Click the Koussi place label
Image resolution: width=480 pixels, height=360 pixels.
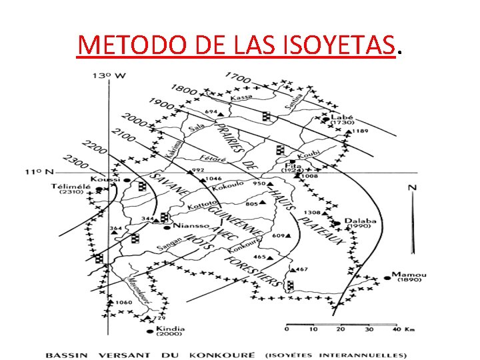pyautogui.click(x=106, y=179)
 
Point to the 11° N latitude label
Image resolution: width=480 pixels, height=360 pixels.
pyautogui.click(x=40, y=171)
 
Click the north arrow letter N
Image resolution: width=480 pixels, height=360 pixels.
pyautogui.click(x=412, y=187)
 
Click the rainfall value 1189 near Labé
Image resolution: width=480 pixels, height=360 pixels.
pyautogui.click(x=361, y=131)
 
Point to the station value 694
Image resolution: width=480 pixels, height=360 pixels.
pyautogui.click(x=211, y=111)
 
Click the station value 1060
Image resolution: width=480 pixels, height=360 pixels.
pyautogui.click(x=124, y=303)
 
